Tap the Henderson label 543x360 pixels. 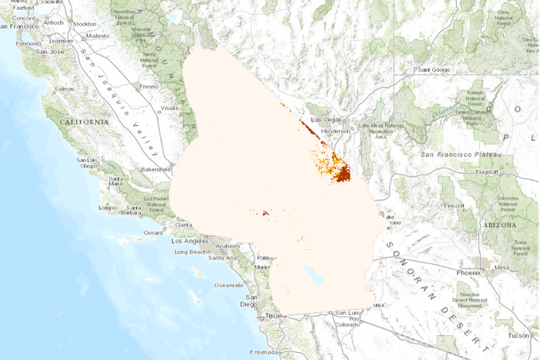pyautogui.click(x=334, y=130)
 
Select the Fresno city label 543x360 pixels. pyautogui.click(x=147, y=87)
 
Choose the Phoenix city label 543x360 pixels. pyautogui.click(x=468, y=273)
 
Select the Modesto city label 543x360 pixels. pyautogui.click(x=97, y=35)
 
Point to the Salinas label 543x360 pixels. pyautogui.click(x=64, y=90)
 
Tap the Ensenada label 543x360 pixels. pyautogui.click(x=265, y=351)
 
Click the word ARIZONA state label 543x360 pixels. pyautogui.click(x=498, y=226)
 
